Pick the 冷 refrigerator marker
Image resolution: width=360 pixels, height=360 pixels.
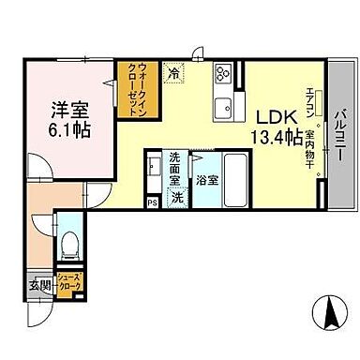[x=173, y=69]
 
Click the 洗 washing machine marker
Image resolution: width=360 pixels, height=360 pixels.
[x=177, y=198]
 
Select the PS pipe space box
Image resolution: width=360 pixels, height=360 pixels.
[x=151, y=201]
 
